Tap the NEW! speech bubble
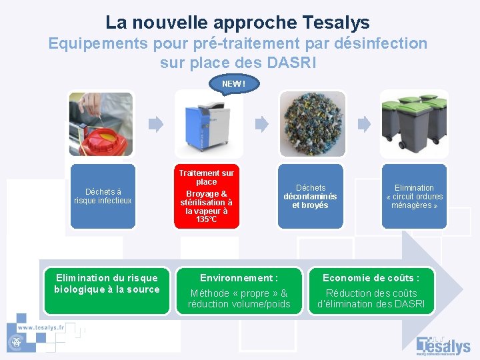click(x=233, y=84)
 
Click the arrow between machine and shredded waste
click(x=261, y=124)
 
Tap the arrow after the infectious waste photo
click(x=155, y=124)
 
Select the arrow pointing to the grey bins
click(x=363, y=124)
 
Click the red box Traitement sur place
click(x=206, y=196)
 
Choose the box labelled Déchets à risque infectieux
click(x=103, y=196)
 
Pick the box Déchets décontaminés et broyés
click(x=310, y=196)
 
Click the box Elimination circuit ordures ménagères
click(x=414, y=196)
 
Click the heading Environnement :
click(x=239, y=278)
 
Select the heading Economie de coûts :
click(x=371, y=278)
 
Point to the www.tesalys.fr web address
click(x=41, y=328)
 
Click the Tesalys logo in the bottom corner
click(x=443, y=345)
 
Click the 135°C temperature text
click(x=206, y=219)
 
